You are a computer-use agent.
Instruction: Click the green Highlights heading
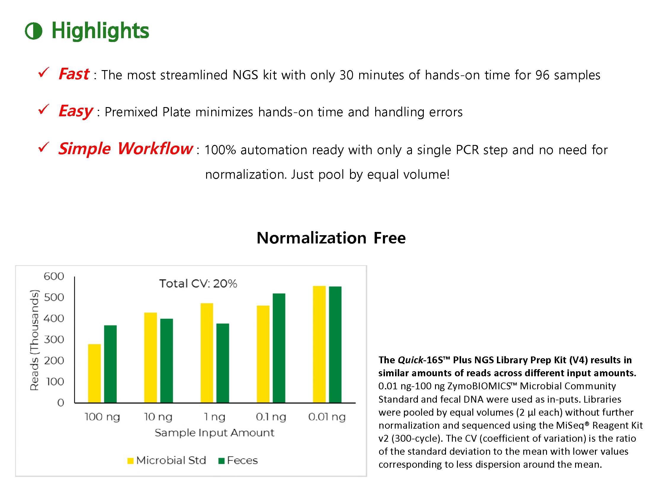click(100, 31)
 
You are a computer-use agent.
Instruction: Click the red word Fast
click(74, 74)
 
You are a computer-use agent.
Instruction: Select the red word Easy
click(76, 111)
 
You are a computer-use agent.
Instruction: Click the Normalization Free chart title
click(331, 238)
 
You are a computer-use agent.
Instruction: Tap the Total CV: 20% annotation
click(198, 284)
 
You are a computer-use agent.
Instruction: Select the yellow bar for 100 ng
click(94, 373)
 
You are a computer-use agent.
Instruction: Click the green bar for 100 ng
click(110, 364)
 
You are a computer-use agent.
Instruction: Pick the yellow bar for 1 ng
click(207, 353)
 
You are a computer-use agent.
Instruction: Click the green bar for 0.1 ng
click(279, 348)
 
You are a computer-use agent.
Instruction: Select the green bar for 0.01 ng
click(335, 345)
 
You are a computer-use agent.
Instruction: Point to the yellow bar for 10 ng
click(150, 358)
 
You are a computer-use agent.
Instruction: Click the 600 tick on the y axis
click(54, 276)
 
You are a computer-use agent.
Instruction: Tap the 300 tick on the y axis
click(54, 340)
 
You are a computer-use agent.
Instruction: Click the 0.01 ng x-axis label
click(327, 417)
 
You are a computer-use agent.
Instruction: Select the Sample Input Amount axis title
click(214, 433)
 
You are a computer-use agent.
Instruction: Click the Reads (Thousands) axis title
click(35, 340)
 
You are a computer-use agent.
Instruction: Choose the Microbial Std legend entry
click(167, 460)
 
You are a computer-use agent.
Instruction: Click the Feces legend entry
click(238, 460)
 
